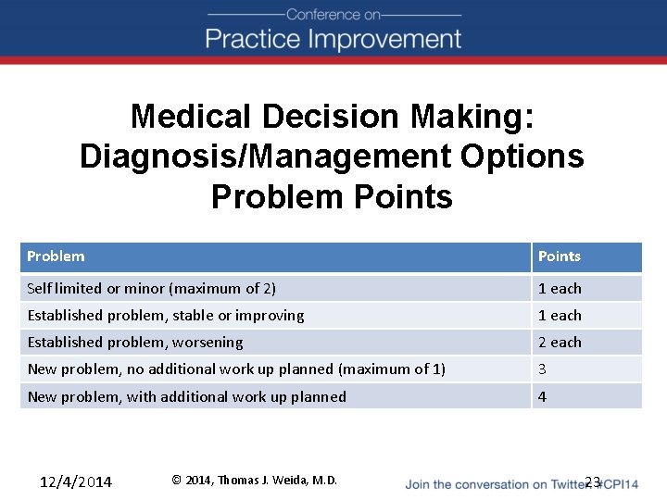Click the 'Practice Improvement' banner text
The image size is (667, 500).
[x=333, y=39]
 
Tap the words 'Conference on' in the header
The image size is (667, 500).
[x=333, y=14]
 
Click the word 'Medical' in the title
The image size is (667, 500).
[x=192, y=117]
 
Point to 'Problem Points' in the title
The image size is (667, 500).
[x=332, y=196]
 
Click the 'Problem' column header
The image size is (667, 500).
[x=56, y=256]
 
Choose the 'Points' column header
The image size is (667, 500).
[x=559, y=256]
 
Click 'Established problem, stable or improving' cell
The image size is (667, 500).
[x=165, y=316]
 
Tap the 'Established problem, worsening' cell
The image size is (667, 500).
[x=135, y=343]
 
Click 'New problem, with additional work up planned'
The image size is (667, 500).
[x=186, y=396]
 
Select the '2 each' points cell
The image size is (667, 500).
[x=560, y=343]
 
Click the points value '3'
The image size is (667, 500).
[x=543, y=369]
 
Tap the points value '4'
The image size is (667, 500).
[x=543, y=396]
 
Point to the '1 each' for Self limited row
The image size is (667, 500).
[x=560, y=289]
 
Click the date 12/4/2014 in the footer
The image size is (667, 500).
[x=76, y=481]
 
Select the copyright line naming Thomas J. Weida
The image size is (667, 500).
[x=255, y=480]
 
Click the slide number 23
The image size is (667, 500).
[x=593, y=481]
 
